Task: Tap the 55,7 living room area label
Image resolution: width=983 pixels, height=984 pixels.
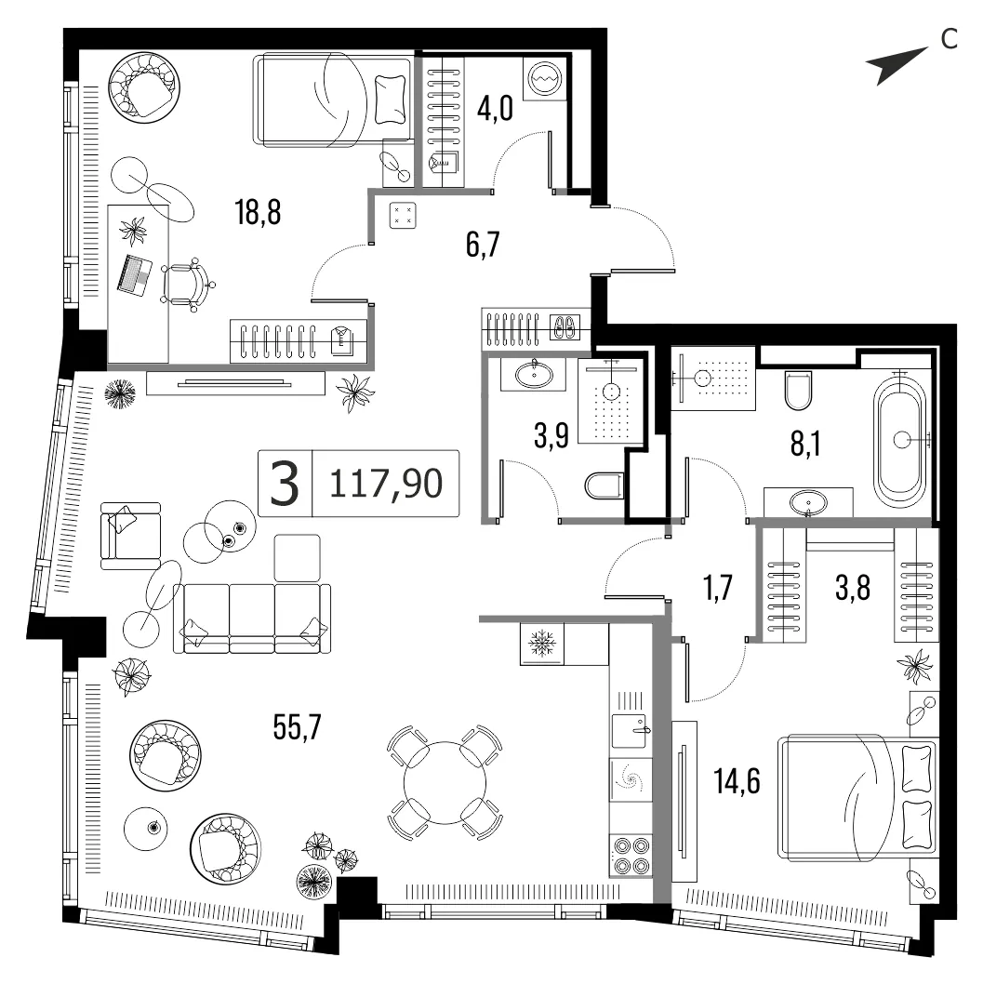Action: (298, 727)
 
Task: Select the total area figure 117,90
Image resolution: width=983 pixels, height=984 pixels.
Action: (386, 484)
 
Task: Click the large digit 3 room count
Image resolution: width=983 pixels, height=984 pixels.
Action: (285, 484)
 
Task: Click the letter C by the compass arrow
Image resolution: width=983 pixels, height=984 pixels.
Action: (950, 39)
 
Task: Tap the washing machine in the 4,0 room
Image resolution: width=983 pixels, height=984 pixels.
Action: (545, 77)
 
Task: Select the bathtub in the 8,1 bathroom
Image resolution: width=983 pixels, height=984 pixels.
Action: (900, 439)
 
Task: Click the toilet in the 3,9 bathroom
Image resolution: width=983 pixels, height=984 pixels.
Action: (605, 485)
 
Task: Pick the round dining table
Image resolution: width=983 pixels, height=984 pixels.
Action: (445, 782)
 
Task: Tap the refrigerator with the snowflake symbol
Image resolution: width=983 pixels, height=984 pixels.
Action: (542, 644)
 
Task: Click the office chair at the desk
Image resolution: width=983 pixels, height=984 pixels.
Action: (188, 285)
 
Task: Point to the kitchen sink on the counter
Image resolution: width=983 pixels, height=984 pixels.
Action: (630, 730)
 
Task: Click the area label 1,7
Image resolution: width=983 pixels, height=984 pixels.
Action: (718, 588)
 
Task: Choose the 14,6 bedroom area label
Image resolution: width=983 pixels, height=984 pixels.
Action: (737, 782)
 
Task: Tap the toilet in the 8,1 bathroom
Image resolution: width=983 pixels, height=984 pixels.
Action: (799, 389)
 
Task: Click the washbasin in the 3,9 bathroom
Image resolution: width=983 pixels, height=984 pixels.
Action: (534, 375)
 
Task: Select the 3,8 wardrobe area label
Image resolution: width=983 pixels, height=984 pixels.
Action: (853, 588)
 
